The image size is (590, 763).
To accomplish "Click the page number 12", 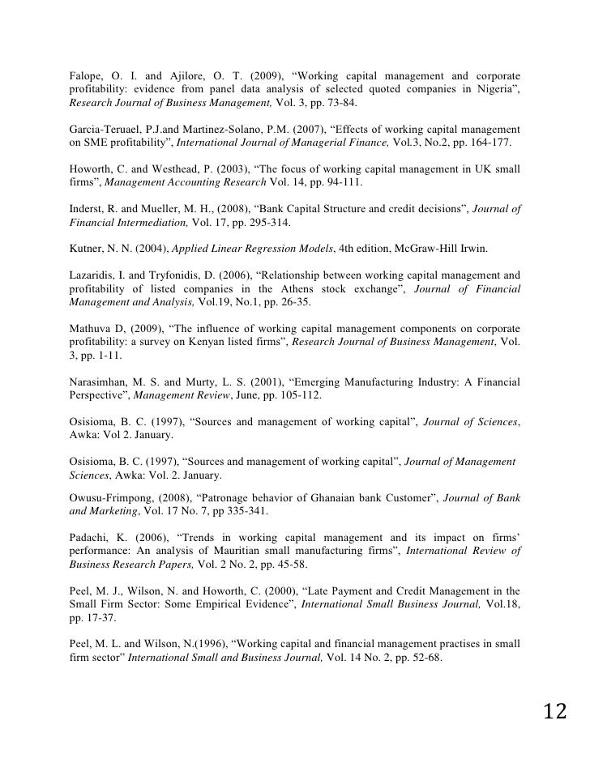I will tap(555, 713).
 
